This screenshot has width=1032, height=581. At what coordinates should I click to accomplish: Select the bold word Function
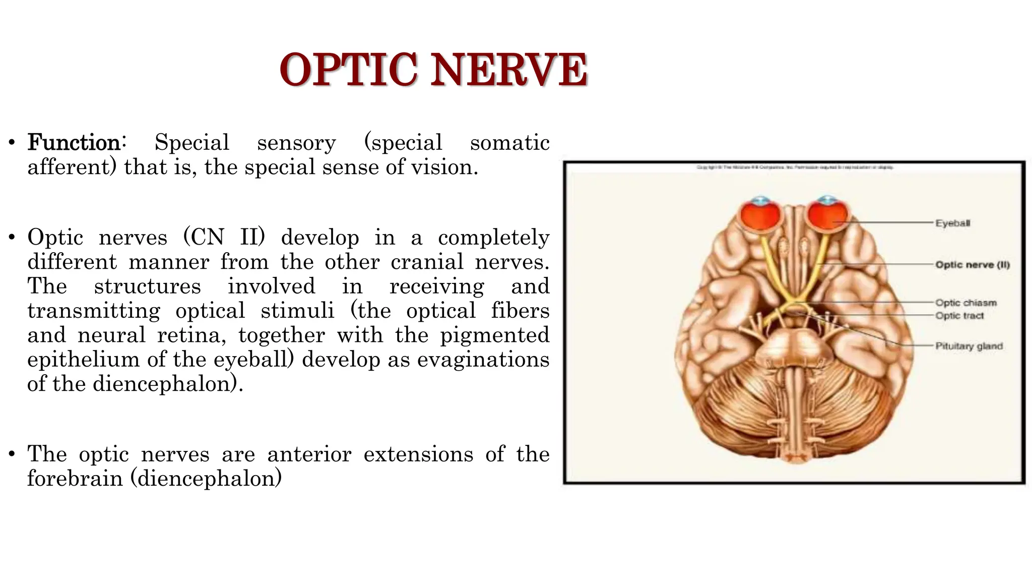74,143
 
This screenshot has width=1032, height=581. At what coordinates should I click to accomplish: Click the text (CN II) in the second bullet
224,237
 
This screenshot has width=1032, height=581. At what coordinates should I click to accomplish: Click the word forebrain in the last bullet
75,478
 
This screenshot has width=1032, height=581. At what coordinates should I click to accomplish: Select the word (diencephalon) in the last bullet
206,478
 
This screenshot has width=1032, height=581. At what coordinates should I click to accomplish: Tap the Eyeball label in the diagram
952,223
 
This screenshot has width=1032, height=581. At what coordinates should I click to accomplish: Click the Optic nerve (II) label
972,265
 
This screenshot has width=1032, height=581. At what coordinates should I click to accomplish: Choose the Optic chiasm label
965,303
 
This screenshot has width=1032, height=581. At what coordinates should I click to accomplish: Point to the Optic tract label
959,316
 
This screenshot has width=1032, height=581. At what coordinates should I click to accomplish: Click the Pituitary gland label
969,346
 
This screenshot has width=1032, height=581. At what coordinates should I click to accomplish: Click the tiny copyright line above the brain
794,167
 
